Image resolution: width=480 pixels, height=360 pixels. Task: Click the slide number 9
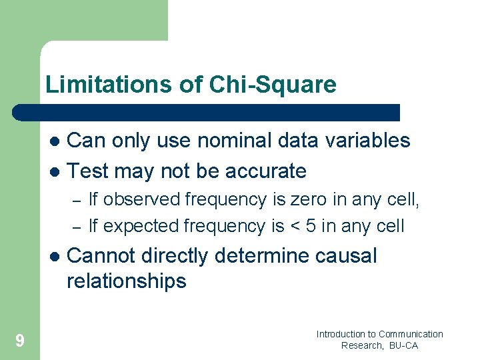coord(20,341)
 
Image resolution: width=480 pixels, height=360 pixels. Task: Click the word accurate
coord(265,171)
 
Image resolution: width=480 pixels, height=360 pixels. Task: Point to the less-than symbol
coord(295,227)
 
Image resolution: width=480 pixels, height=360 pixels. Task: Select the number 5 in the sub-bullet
coord(311,226)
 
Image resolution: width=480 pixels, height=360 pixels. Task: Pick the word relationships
coord(127,281)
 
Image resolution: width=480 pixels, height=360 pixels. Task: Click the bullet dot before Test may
coord(55,172)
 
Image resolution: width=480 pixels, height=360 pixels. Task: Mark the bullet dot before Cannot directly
coord(55,257)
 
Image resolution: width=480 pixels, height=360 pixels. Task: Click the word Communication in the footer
coord(411,334)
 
